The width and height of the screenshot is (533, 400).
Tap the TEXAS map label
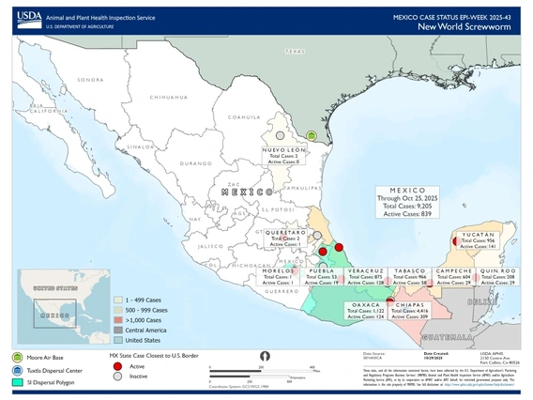click(x=297, y=53)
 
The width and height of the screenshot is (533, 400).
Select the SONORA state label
click(x=90, y=80)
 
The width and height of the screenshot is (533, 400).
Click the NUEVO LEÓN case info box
click(x=284, y=156)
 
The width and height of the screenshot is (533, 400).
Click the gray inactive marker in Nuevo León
click(x=279, y=136)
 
